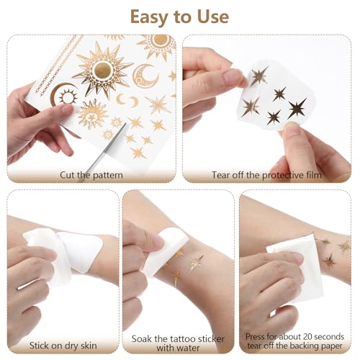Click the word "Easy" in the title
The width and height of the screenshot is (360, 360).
149,17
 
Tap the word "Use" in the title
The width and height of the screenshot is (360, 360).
213,17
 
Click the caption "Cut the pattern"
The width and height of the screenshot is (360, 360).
91,175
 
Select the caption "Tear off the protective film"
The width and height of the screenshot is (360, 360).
266,175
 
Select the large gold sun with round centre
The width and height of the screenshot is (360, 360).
103,70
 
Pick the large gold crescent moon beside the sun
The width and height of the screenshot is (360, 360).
144,76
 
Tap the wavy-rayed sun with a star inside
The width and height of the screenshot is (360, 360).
92,114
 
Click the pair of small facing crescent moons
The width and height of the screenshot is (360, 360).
127,100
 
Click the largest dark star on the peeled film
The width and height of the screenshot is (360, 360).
297,108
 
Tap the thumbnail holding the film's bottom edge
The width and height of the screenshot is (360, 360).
291,126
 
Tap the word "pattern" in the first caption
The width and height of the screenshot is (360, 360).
107,175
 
